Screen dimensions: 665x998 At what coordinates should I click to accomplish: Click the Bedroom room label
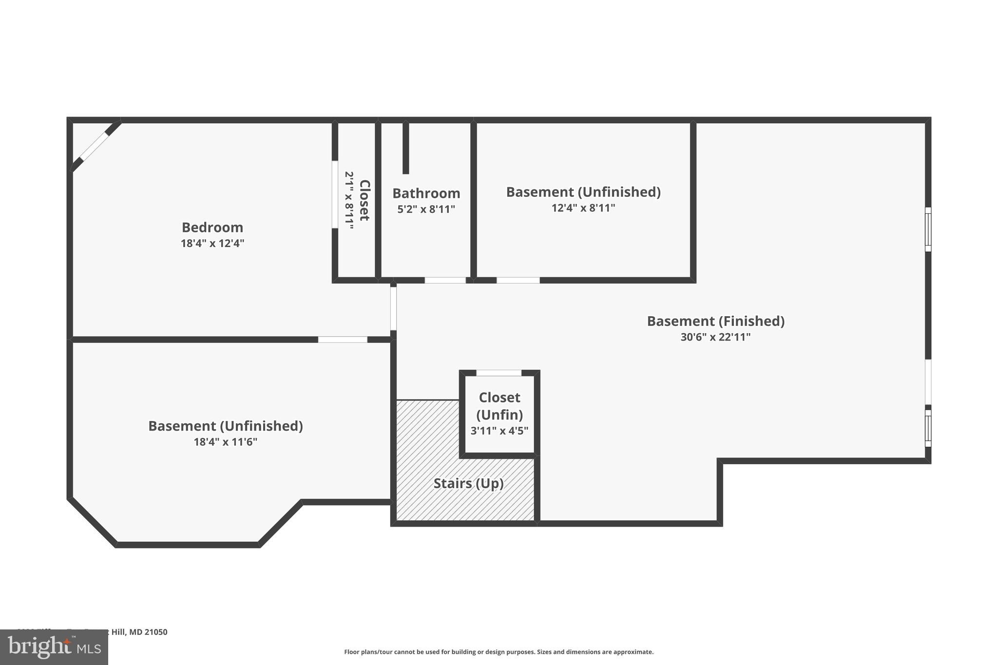coord(212,228)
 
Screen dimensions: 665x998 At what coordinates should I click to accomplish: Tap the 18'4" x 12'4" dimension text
coord(212,243)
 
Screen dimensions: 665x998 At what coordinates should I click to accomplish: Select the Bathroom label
coord(426,193)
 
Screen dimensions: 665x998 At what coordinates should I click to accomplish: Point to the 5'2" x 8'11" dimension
coord(426,209)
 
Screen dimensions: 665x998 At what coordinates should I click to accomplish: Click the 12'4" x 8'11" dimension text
coord(583,208)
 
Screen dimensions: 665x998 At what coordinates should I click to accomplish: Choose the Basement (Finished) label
coord(715,321)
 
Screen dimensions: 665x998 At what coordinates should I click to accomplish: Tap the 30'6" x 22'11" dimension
coord(715,337)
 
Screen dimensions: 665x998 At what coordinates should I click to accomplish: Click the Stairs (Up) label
coord(468,483)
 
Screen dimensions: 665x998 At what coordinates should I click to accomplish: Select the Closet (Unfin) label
coord(499,406)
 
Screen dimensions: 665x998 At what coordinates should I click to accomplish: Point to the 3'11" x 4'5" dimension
coord(499,431)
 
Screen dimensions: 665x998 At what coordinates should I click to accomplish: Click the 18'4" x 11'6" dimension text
coord(225,442)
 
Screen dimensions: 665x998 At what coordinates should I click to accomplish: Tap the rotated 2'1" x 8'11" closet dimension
coord(349,200)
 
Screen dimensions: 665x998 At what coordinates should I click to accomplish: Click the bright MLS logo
coord(54,647)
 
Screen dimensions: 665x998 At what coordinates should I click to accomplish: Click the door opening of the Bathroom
coord(445,280)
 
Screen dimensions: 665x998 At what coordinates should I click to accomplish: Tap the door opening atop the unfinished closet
coord(499,373)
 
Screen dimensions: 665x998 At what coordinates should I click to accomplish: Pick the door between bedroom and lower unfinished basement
coord(343,340)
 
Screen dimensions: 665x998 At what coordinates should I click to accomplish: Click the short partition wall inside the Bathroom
coord(405,148)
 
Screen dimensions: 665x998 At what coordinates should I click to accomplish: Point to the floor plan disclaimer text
coord(499,652)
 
